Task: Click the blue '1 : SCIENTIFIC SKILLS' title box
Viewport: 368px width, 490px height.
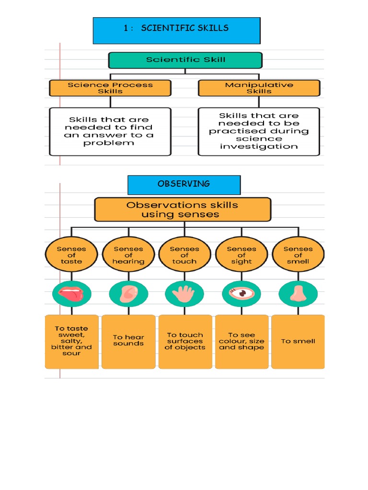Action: [176, 30]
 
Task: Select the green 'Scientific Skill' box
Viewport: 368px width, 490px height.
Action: [185, 60]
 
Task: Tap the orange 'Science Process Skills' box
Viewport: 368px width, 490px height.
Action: [110, 88]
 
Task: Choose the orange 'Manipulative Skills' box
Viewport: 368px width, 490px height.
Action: [259, 88]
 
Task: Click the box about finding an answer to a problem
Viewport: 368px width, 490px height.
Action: [110, 131]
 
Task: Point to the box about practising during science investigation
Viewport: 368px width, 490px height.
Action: [259, 131]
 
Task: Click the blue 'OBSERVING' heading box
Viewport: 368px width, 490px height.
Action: [184, 185]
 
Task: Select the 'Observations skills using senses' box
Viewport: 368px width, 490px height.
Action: [183, 210]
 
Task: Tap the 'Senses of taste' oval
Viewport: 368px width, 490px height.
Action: [71, 255]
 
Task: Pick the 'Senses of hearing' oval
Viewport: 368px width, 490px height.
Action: [128, 255]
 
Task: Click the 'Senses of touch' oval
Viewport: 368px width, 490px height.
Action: [184, 255]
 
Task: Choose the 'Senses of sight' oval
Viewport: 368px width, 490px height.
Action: [241, 255]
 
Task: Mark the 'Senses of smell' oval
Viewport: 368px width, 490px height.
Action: [298, 255]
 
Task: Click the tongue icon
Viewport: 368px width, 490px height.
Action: [71, 293]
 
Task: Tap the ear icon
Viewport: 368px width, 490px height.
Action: [128, 293]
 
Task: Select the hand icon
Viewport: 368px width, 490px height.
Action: [184, 293]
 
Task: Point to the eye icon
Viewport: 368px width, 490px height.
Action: [241, 293]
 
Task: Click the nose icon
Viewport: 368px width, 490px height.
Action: [298, 293]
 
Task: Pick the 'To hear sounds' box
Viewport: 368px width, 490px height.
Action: [128, 341]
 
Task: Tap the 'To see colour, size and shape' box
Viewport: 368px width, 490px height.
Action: [241, 341]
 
